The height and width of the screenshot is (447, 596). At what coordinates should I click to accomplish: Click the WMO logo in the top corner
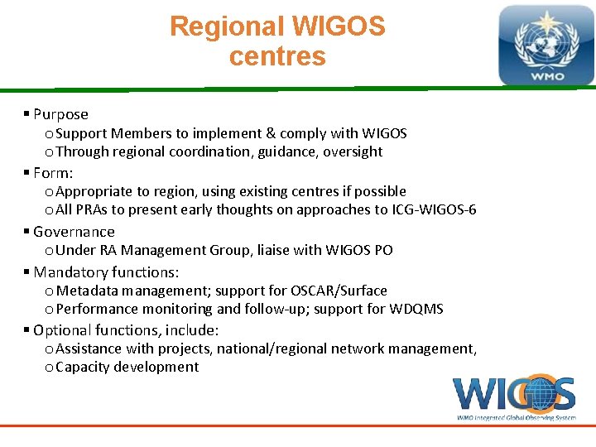coord(546,46)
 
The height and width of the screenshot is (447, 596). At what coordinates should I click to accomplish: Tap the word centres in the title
coord(277,57)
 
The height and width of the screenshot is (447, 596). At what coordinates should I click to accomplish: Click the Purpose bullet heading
coord(60,114)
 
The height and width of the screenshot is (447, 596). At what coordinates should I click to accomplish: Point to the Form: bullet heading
coord(53,173)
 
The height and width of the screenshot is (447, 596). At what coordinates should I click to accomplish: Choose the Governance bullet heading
coord(74,232)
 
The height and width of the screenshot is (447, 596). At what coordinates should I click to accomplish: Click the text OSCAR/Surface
coord(339,291)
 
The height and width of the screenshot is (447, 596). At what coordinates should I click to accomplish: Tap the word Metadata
coord(88,291)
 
